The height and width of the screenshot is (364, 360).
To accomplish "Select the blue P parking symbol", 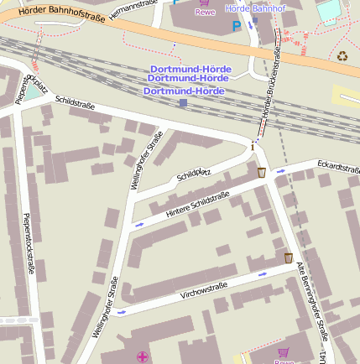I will click(x=236, y=26).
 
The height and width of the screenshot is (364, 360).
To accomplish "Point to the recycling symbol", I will click(x=342, y=57).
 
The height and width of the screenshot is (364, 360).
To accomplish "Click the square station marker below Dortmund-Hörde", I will click(x=184, y=103).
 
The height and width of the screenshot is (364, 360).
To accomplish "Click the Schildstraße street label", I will click(x=76, y=104).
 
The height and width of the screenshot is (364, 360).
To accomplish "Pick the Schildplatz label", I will click(x=196, y=173).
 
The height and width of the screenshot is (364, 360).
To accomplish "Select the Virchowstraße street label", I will click(x=204, y=290).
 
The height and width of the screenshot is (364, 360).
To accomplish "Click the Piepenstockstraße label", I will click(x=29, y=243).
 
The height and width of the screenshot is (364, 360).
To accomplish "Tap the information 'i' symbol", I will click(x=253, y=146).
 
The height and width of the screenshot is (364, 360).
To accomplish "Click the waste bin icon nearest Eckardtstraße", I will click(x=262, y=172).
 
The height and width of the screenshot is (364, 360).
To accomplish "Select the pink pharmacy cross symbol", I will click(x=142, y=356).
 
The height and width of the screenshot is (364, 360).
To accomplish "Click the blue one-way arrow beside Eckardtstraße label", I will click(x=281, y=171).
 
